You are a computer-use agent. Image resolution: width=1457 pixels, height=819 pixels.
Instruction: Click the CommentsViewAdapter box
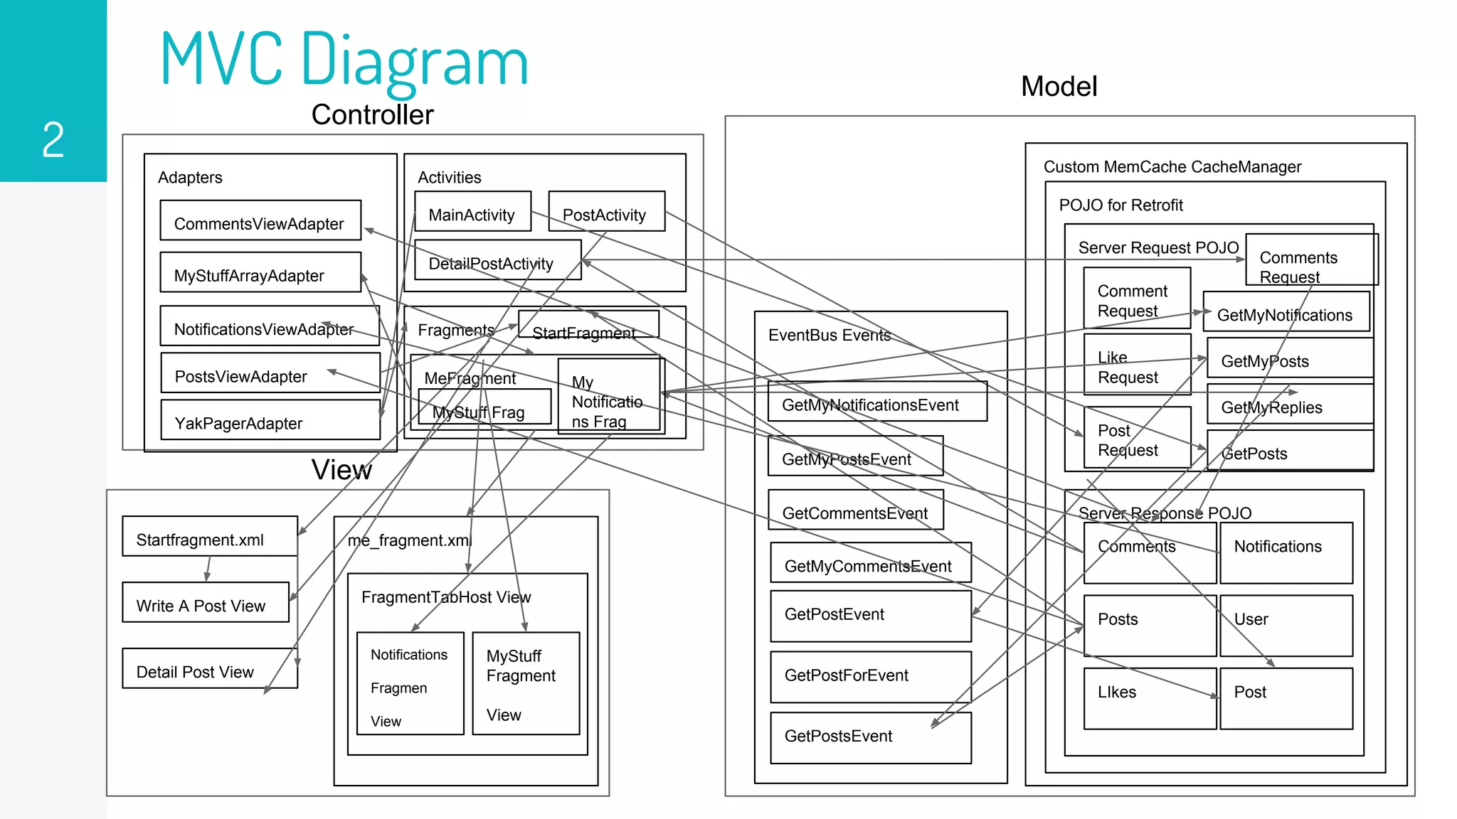[x=260, y=220]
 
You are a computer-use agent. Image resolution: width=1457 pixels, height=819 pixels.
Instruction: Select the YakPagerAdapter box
[x=270, y=420]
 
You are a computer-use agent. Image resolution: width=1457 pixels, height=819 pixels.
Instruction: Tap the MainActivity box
[x=473, y=211]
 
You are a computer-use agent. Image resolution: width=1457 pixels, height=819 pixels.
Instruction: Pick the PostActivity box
[x=607, y=211]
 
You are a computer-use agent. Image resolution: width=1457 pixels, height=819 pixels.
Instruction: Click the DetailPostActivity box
[x=498, y=260]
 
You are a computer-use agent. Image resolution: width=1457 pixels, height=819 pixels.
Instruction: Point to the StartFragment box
[x=588, y=325]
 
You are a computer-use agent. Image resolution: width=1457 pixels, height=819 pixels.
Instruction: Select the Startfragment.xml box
[x=210, y=536]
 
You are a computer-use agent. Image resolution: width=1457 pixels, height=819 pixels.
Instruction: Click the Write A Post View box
[x=206, y=602]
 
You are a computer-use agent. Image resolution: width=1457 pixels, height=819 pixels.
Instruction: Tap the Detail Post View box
[x=210, y=668]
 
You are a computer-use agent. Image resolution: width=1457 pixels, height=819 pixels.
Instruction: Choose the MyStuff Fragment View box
[x=526, y=683]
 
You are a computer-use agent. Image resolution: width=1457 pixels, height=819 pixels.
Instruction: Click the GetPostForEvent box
[x=871, y=677]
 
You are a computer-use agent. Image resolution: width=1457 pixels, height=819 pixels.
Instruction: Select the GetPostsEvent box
[x=871, y=738]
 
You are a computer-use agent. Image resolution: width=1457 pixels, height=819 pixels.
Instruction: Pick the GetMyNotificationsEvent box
[x=877, y=402]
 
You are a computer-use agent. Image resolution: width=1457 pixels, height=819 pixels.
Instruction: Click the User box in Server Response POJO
[x=1286, y=626]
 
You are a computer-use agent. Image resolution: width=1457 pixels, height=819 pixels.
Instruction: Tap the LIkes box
[x=1150, y=698]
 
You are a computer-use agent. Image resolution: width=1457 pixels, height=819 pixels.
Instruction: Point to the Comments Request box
[x=1311, y=260]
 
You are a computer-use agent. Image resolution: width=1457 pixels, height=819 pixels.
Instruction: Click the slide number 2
[x=53, y=139]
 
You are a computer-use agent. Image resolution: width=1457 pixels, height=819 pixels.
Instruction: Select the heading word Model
[x=1059, y=87]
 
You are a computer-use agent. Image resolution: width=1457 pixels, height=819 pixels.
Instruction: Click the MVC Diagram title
[x=344, y=60]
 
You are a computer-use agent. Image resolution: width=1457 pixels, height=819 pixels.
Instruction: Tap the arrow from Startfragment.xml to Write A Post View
[x=208, y=569]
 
